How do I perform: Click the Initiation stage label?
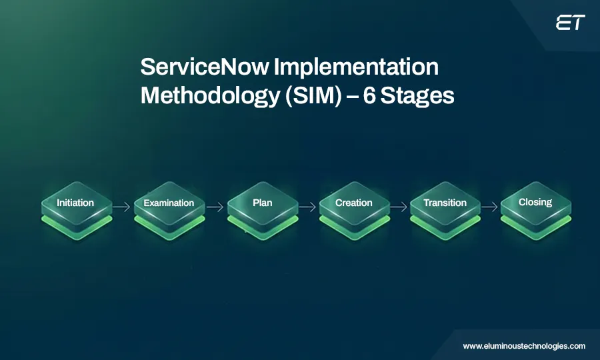coord(75,203)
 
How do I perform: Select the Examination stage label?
coord(169,203)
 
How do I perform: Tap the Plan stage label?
coord(263,203)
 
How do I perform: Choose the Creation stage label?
coord(354,203)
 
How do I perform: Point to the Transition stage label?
coord(445,203)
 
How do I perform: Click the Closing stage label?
coord(535,202)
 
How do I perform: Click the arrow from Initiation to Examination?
coord(121,207)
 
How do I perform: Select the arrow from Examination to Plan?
coord(215,207)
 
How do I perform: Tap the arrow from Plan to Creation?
coord(307,207)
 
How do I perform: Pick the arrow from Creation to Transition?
coord(399,207)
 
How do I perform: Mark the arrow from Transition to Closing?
coord(490,207)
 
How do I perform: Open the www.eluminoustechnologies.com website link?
coord(524,346)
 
